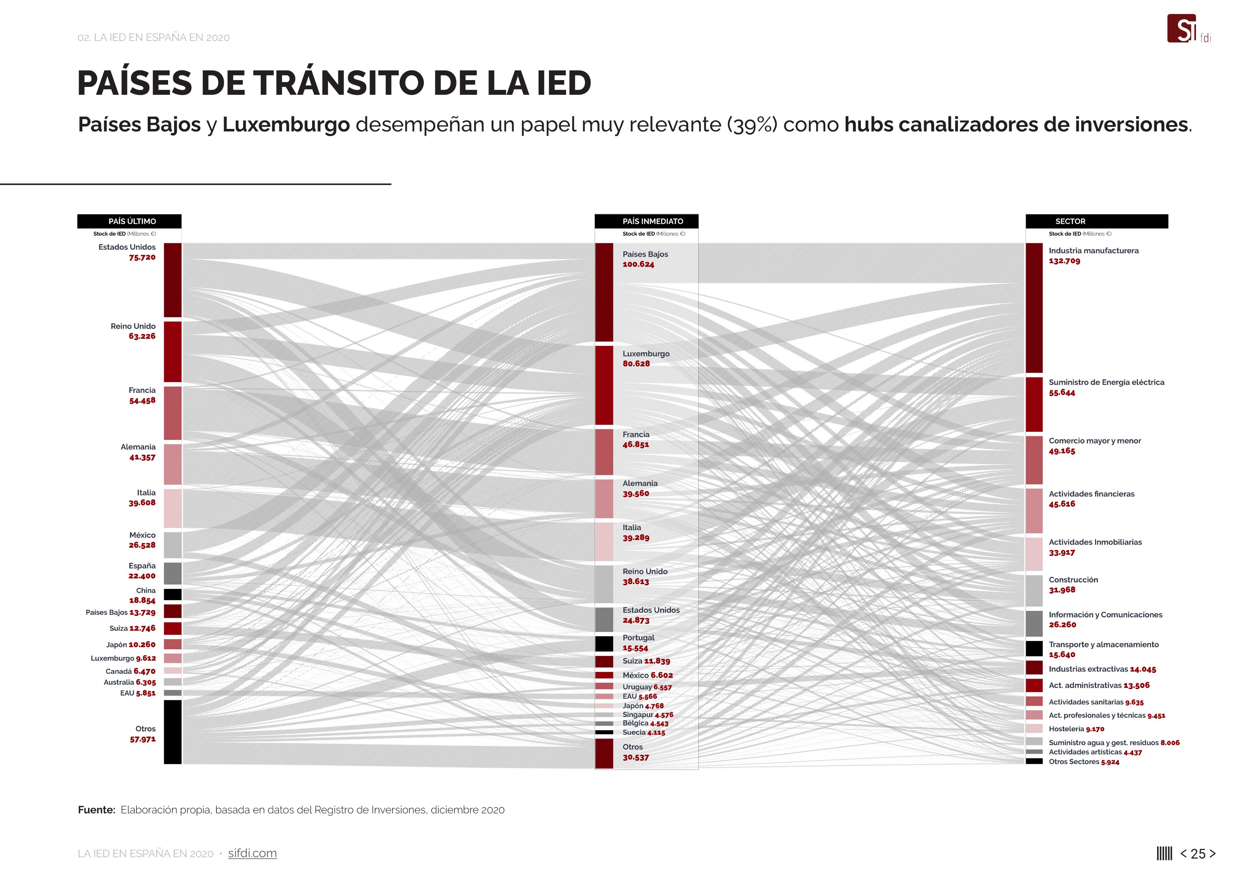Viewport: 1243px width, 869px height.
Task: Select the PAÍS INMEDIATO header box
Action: pos(646,221)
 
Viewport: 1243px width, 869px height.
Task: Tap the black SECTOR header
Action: pos(1096,221)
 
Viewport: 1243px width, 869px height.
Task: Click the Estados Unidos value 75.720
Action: pos(142,257)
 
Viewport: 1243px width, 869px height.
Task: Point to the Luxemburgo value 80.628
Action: pos(636,363)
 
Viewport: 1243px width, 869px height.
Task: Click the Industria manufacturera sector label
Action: pos(1093,250)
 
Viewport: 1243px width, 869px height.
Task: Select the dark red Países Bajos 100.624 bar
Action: pos(604,292)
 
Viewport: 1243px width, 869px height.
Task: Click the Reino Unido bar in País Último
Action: pos(173,352)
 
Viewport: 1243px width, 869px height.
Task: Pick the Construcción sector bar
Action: pos(1034,590)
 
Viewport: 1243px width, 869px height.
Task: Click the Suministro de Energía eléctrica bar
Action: pos(1034,404)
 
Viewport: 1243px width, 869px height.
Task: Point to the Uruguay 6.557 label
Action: pos(646,687)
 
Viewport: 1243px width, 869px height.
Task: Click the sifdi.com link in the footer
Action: pos(252,853)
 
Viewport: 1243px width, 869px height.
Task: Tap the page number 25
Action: pos(1198,854)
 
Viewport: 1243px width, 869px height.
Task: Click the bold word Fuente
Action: pos(96,809)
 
